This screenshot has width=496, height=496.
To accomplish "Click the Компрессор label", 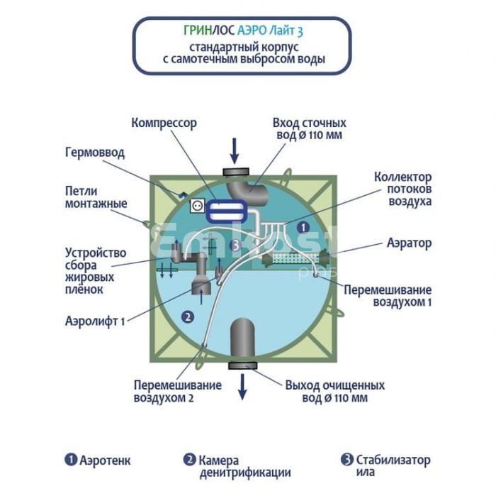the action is (164, 123).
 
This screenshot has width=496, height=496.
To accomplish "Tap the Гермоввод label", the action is (95, 153).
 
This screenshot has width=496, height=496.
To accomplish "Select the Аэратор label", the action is (409, 243).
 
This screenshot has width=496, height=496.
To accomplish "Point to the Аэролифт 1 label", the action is (95, 321).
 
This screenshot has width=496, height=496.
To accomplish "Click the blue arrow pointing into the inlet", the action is (235, 150).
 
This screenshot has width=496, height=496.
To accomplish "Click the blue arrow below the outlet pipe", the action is (242, 387).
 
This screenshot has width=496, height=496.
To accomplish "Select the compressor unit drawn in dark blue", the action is (227, 211).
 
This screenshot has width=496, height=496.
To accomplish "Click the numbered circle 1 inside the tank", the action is (303, 227).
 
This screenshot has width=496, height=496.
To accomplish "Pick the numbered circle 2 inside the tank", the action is (188, 316).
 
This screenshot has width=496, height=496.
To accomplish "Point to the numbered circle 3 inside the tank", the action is (236, 245).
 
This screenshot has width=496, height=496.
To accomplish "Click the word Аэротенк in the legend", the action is (105, 461).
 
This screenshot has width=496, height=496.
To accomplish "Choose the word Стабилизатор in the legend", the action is (393, 460).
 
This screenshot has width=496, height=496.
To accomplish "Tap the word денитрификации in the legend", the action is (245, 473).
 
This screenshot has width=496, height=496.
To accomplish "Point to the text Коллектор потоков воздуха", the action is (402, 189).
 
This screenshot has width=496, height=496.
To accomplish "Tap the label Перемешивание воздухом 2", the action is (177, 391).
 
